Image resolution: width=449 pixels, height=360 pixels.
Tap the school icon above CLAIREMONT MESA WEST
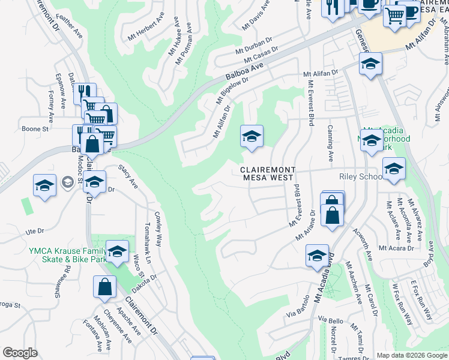coord(252,136)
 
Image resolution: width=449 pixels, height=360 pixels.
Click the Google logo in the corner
coord(20,353)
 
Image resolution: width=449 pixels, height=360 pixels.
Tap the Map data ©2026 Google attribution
coord(411,355)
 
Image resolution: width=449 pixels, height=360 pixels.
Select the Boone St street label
coord(35,128)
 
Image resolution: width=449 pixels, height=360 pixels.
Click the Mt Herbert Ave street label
coord(146,29)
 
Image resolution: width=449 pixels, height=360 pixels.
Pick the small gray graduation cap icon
coord(68,182)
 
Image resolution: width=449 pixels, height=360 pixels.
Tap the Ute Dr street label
coord(35,230)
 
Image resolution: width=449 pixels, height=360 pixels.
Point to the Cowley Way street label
coord(158,229)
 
